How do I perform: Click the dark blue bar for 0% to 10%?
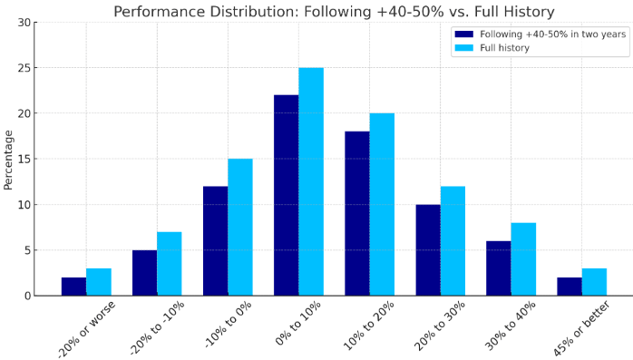tap(286, 195)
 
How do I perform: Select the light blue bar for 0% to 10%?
tap(311, 181)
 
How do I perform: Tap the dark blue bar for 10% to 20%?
tap(356, 213)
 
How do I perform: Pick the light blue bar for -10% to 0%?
tap(240, 227)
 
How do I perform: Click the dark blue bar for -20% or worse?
tap(73, 287)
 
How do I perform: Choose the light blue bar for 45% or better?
tap(594, 282)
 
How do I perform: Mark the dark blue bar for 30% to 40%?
tap(498, 268)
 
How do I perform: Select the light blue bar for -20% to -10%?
tap(170, 263)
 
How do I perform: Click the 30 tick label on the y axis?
tap(26, 22)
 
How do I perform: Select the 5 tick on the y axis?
tap(29, 250)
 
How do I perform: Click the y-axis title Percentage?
tap(9, 159)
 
